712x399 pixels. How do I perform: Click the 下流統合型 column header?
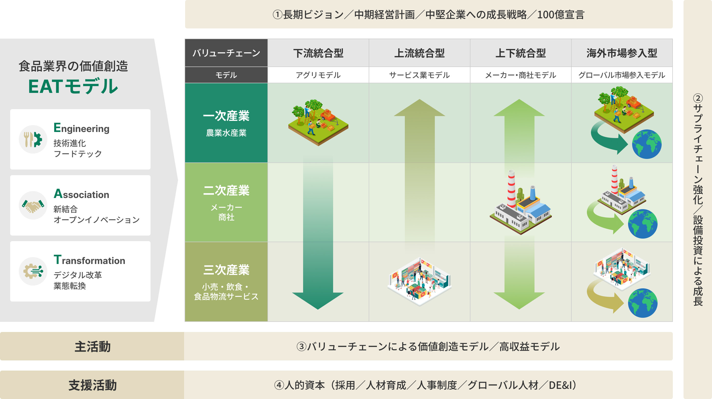[318, 53]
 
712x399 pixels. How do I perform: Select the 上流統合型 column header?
[419, 53]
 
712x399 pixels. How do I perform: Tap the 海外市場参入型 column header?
[622, 53]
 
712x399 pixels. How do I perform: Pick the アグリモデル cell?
[318, 75]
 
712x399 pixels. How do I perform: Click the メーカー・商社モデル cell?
[521, 75]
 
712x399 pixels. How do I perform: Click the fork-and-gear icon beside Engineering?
[33, 139]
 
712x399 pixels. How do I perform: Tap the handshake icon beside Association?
[33, 206]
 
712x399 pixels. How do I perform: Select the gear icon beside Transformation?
[33, 271]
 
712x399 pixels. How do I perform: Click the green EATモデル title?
[73, 87]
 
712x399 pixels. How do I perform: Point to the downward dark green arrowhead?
[318, 300]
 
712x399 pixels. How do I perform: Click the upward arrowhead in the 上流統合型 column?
[419, 108]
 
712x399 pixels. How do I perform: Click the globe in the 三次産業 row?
[643, 303]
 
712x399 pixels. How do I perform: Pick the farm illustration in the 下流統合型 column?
[318, 123]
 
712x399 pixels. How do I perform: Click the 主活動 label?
[92, 346]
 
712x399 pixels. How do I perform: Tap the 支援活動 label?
[92, 385]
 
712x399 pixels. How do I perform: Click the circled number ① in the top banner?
[277, 15]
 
